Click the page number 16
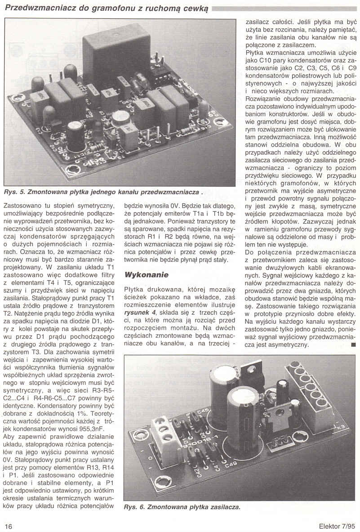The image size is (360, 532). pos(9,526)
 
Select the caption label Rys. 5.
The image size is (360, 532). pos(15,192)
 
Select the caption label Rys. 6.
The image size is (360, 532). pos(134,507)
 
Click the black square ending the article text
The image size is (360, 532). pos(353,344)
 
